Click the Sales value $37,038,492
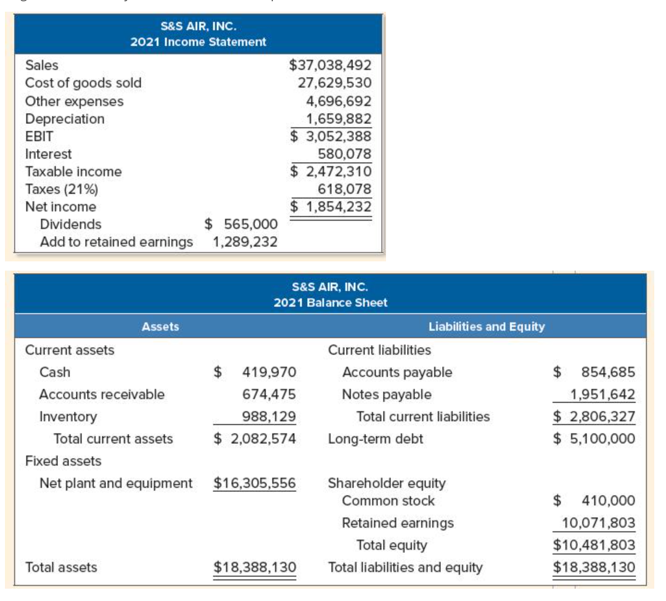pyautogui.click(x=330, y=65)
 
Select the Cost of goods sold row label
pyautogui.click(x=83, y=83)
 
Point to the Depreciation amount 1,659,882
pyautogui.click(x=339, y=118)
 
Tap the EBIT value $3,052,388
pyautogui.click(x=331, y=136)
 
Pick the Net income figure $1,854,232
pyautogui.click(x=331, y=206)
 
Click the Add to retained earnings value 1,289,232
pyautogui.click(x=244, y=242)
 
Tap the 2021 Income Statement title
pyautogui.click(x=198, y=42)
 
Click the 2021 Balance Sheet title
pyautogui.click(x=331, y=302)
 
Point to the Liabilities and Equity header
pyautogui.click(x=487, y=326)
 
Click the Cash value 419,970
pyautogui.click(x=269, y=372)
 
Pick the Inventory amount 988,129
pyautogui.click(x=269, y=417)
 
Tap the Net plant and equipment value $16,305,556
pyautogui.click(x=255, y=483)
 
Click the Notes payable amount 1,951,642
pyautogui.click(x=602, y=395)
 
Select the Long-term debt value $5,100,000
pyautogui.click(x=594, y=439)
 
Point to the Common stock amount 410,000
pyautogui.click(x=608, y=501)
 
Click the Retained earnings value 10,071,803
pyautogui.click(x=598, y=523)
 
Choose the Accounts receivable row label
pyautogui.click(x=102, y=395)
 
